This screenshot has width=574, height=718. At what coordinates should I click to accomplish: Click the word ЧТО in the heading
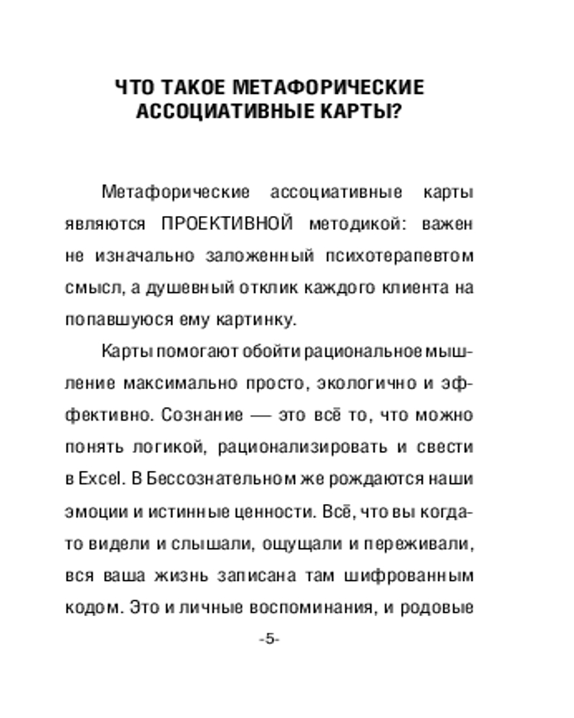(x=135, y=88)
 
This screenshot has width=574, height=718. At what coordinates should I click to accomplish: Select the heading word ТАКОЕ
(x=193, y=88)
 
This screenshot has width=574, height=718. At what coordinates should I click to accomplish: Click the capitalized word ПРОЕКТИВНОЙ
(x=227, y=224)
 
